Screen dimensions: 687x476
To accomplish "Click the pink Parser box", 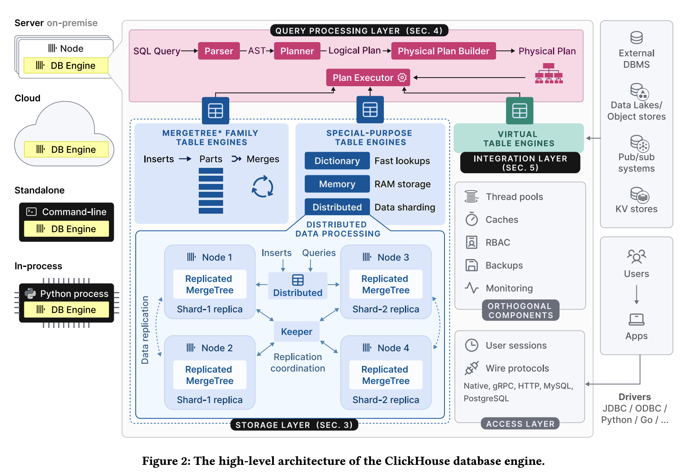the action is [x=219, y=51].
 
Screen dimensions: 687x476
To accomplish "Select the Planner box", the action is [x=297, y=51].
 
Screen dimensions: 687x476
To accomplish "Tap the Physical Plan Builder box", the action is [x=443, y=51].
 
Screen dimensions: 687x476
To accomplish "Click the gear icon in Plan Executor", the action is [x=402, y=78].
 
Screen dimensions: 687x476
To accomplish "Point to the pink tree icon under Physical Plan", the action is [x=549, y=73].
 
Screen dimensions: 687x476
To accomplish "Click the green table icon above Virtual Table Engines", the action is [x=520, y=111].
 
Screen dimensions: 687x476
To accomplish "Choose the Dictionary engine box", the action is [x=337, y=161].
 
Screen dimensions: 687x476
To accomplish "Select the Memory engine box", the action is [x=337, y=184].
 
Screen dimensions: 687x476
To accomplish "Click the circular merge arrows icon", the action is [x=263, y=187].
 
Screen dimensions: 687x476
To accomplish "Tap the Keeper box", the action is [x=296, y=332].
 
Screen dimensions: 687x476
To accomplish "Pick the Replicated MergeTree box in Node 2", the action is [x=210, y=375].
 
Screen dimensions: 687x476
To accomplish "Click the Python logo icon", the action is [x=30, y=294].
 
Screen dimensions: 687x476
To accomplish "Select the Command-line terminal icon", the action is [x=31, y=212].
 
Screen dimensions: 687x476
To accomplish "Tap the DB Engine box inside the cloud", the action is [x=66, y=149].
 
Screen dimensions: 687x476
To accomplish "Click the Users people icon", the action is [x=636, y=257].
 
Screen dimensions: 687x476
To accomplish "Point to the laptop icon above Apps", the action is [x=636, y=319].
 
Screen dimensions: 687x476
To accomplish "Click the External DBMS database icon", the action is [x=636, y=38].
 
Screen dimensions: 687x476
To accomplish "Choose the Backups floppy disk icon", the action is [x=472, y=265].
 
